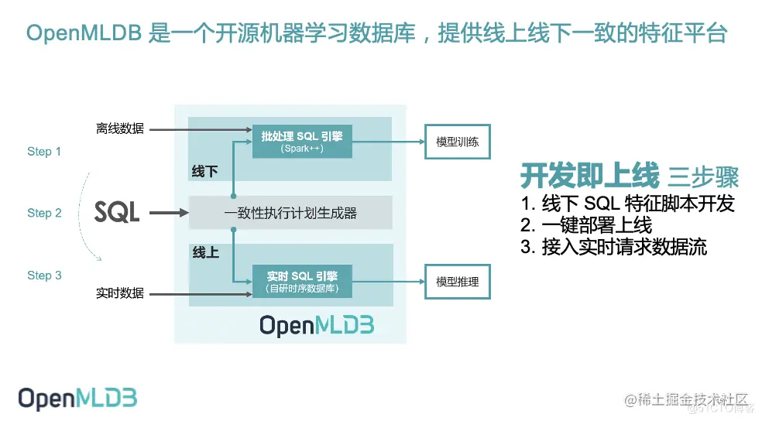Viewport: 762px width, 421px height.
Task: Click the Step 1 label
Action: click(x=44, y=152)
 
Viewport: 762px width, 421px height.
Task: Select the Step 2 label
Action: click(x=44, y=213)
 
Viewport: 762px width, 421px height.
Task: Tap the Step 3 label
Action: click(x=44, y=276)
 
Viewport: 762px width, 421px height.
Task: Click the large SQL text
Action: click(x=117, y=212)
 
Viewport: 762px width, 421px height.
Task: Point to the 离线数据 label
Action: click(x=120, y=128)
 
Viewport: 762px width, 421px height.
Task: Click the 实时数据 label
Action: click(x=120, y=293)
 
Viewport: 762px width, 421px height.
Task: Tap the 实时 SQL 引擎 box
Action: click(x=302, y=282)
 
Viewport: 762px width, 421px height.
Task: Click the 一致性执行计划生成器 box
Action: click(x=290, y=213)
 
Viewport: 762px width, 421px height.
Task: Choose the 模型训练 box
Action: click(x=458, y=142)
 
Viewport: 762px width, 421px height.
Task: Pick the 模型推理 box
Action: click(x=458, y=282)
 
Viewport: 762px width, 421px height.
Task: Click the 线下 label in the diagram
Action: click(x=204, y=171)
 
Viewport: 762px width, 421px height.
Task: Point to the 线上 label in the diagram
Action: click(x=204, y=252)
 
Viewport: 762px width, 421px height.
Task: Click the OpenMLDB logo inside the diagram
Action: click(x=317, y=325)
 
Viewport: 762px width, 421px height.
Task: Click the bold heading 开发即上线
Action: click(x=589, y=176)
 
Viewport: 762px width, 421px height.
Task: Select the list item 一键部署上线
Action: click(x=586, y=226)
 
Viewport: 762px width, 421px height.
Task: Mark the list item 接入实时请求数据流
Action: click(x=613, y=248)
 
